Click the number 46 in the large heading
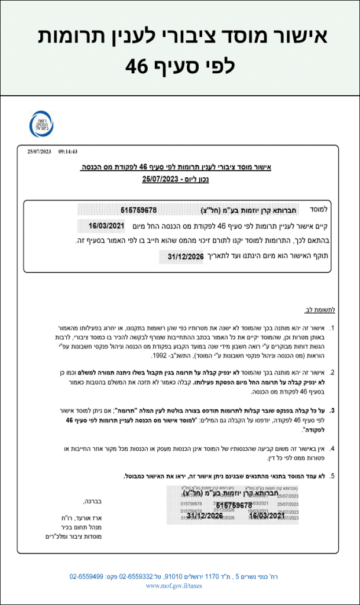[x=137, y=66]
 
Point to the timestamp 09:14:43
[x=68, y=152]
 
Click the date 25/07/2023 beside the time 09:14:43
[x=40, y=152]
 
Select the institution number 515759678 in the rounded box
[x=138, y=210]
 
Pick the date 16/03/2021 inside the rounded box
[x=108, y=226]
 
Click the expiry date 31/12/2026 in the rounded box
[x=186, y=256]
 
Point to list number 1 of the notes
[x=332, y=327]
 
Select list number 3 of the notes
[x=332, y=410]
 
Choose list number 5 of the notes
[x=332, y=476]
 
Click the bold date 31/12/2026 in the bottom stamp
[x=205, y=516]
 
